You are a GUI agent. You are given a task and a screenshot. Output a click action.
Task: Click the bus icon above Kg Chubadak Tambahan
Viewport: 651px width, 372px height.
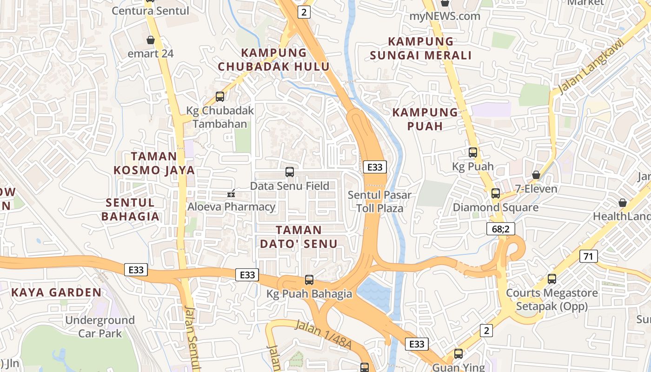220,97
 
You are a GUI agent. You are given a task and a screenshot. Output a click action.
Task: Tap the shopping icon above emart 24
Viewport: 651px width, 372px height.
151,40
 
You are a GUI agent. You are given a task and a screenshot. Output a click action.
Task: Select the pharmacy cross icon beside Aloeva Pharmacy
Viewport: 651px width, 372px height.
231,193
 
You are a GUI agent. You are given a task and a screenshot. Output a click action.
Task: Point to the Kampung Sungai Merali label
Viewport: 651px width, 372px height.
421,48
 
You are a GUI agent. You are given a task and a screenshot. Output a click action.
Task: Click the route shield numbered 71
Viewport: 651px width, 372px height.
589,256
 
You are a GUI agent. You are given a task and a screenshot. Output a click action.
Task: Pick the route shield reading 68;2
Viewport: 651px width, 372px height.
500,228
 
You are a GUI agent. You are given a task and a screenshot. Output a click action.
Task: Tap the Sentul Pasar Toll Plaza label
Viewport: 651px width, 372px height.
379,201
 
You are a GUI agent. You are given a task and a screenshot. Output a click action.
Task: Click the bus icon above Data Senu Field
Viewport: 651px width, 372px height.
290,172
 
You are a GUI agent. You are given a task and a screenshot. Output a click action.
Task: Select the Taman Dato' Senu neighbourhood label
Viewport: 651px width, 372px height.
299,237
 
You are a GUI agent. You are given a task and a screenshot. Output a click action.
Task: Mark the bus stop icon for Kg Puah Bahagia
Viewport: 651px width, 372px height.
309,280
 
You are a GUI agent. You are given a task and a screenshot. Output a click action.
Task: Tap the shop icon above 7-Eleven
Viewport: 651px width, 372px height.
536,175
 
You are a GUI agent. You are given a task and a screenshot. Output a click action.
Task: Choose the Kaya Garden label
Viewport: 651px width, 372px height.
56,292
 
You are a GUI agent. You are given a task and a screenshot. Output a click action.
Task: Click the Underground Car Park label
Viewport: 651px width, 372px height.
100,327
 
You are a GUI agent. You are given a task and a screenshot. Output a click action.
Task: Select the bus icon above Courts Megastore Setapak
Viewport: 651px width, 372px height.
552,279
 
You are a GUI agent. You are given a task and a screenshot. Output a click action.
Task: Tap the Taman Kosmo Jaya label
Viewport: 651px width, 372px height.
154,163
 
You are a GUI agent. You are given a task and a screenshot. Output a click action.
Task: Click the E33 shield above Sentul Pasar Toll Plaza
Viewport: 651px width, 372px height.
374,167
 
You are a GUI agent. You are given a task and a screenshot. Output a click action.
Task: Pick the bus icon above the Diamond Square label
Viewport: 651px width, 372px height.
496,193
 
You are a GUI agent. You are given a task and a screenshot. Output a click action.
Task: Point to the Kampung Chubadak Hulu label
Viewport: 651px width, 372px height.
274,60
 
